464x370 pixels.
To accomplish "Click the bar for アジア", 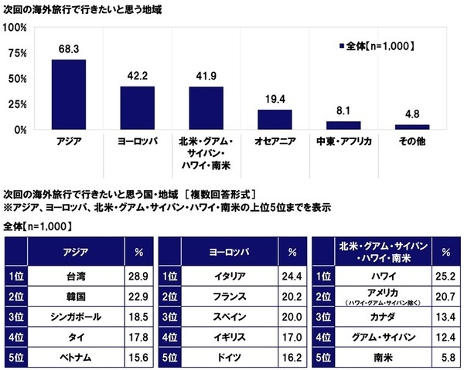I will [69, 94].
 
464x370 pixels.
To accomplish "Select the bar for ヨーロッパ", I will [137, 107].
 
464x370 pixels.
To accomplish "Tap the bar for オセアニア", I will [275, 119].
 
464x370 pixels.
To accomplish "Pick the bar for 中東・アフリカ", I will [343, 125].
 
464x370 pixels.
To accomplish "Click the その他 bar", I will [411, 127].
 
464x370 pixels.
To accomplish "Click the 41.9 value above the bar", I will [206, 78].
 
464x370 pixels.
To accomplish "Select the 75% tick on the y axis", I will [17, 53].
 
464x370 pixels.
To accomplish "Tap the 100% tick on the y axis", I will [15, 28].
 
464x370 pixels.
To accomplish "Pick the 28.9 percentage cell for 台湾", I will [138, 275].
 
